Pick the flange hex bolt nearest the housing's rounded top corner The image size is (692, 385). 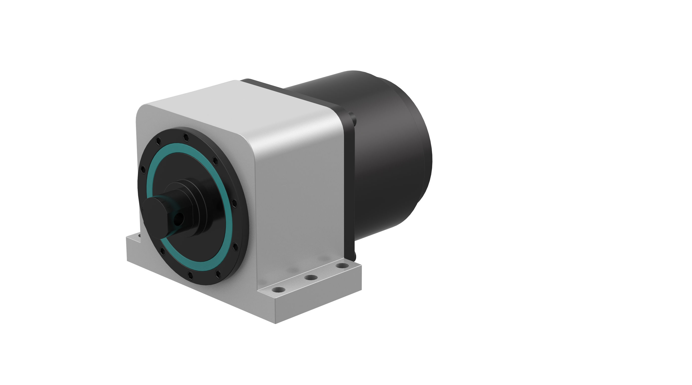[x=215, y=161]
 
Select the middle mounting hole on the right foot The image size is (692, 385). [x=311, y=277]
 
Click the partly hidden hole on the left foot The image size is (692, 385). [x=139, y=236]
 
